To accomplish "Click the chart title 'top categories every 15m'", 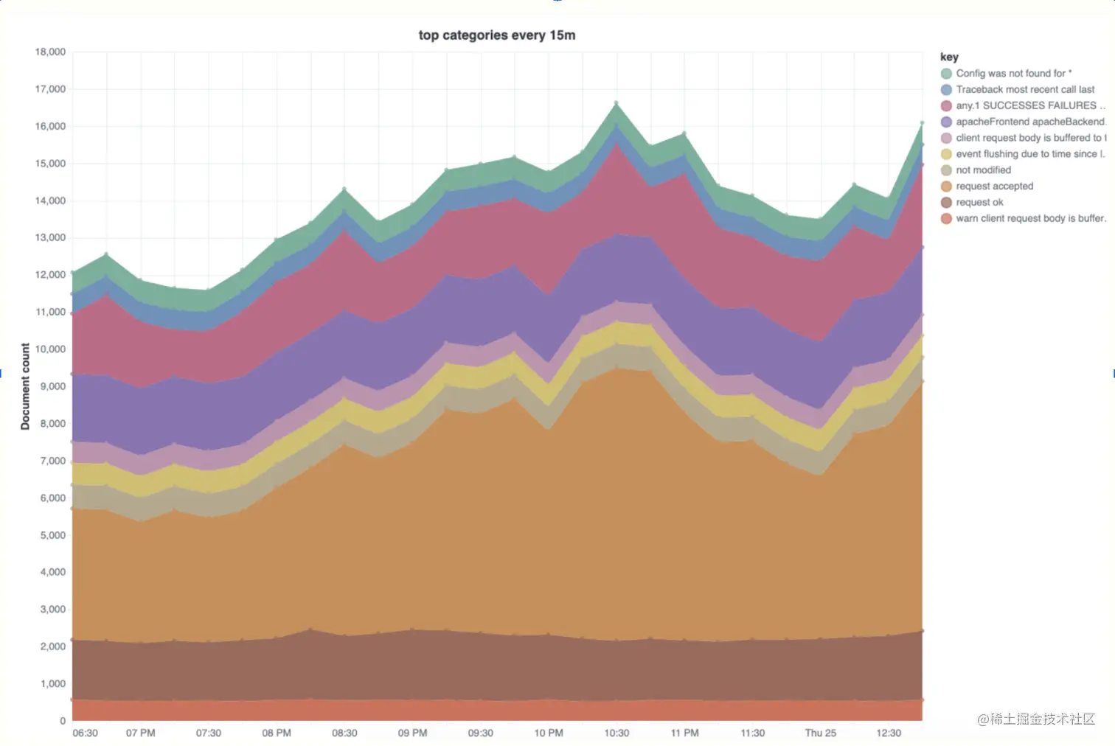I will pos(496,35).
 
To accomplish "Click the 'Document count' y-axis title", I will pos(25,386).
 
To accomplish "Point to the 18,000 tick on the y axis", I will pos(50,52).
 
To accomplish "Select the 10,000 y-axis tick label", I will pos(50,349).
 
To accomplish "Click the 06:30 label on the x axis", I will pos(85,733).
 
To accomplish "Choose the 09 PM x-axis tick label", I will pos(412,733).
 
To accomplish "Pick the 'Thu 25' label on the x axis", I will pos(820,733).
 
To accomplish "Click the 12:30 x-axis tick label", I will pos(888,733).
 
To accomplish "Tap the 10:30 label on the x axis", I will pos(616,733).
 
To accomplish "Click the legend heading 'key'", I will pos(949,57).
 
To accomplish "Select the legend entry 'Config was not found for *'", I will pos(1013,74).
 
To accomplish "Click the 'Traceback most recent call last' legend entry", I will pos(1025,90).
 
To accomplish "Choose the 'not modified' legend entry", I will pos(983,170).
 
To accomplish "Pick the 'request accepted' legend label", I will pos(994,186).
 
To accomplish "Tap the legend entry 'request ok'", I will pos(979,203).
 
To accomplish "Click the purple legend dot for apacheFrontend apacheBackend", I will pos(946,122).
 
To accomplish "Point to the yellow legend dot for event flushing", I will pos(946,154).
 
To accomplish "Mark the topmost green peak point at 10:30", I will pos(616,103).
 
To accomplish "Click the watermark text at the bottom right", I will pos(1036,719).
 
